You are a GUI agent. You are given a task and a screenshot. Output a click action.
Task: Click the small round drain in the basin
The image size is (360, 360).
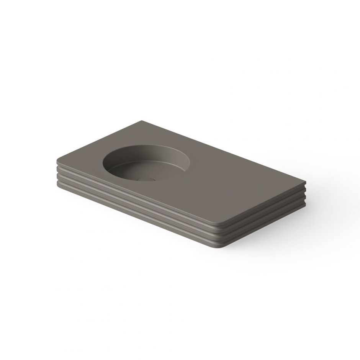(144, 179)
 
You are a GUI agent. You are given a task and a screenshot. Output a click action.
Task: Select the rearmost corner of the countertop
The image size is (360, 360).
(144, 119)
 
